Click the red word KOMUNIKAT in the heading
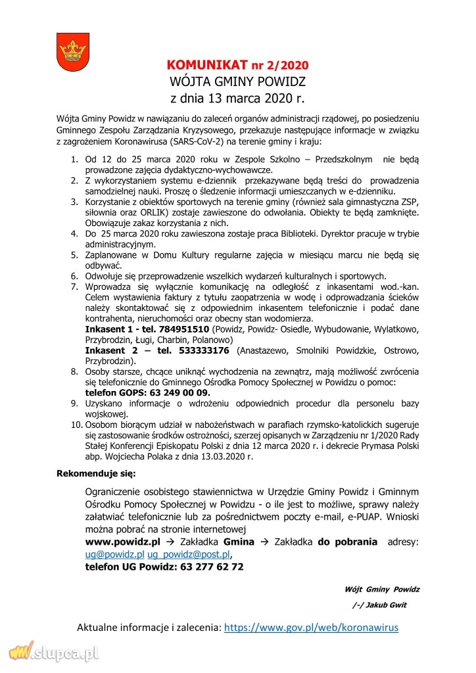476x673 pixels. (x=204, y=65)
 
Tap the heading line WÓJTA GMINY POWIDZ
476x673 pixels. (x=237, y=82)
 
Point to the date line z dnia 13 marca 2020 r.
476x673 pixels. (x=237, y=99)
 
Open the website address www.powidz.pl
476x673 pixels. (x=122, y=542)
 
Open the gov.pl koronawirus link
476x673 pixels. (x=311, y=628)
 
